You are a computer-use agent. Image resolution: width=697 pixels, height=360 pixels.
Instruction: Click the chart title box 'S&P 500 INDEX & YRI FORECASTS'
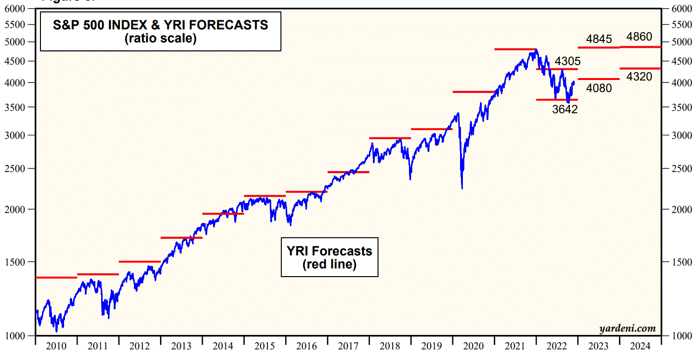160,31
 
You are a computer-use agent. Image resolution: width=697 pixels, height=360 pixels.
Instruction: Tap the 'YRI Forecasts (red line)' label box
329,257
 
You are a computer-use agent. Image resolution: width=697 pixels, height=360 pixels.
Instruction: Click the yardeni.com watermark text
628,329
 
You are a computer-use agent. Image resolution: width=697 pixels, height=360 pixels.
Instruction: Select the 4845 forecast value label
599,39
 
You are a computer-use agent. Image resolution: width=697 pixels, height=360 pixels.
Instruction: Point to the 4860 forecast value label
639,37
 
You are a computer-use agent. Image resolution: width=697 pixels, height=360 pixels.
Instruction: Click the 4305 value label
567,61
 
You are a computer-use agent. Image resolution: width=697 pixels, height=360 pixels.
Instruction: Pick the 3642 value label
565,109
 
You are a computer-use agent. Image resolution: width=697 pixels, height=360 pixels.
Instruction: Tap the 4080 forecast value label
599,88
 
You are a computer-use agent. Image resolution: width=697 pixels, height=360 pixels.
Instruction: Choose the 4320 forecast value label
639,77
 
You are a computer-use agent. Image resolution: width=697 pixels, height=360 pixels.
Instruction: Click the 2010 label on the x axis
56,346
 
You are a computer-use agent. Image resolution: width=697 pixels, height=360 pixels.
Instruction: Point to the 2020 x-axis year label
473,346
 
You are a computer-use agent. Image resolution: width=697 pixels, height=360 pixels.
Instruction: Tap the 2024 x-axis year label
640,346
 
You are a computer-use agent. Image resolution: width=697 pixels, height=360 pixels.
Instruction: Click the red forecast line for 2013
181,238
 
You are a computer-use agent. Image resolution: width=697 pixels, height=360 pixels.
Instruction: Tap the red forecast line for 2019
432,129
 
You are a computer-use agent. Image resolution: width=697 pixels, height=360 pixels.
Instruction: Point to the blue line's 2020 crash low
462,188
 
